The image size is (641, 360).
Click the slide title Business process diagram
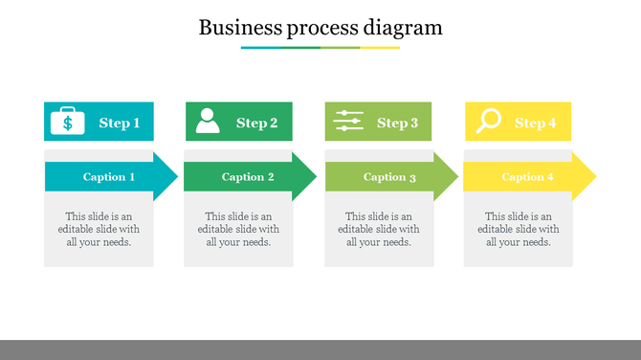point(320,27)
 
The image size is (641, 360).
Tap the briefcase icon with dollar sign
point(67,122)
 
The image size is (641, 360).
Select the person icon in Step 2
point(208,121)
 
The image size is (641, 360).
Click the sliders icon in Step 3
point(348,121)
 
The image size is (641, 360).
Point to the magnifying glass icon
point(489,121)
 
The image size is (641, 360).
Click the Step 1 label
point(120,123)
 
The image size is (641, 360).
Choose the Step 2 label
point(257,123)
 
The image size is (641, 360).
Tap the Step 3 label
point(398,123)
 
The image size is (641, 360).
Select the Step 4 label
point(536,123)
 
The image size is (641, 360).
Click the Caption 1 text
point(109,177)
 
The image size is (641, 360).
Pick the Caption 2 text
point(248,177)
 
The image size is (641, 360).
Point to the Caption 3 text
point(389,177)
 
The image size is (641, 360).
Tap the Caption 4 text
point(528,177)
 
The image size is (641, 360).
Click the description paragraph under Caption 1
point(99,229)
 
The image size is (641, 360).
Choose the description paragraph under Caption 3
point(379,229)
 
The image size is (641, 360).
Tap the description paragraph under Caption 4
point(519,229)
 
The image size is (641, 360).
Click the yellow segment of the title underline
point(380,47)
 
